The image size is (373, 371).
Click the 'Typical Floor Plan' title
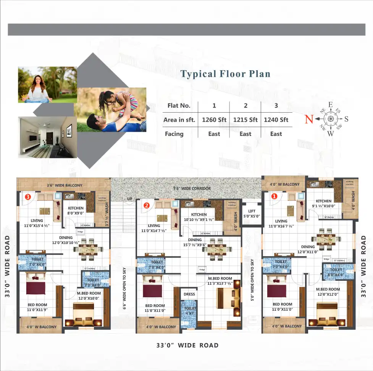pos(225,74)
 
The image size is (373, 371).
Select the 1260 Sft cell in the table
pos(214,120)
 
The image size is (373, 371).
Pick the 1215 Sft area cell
pos(245,120)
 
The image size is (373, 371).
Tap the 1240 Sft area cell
pos(276,120)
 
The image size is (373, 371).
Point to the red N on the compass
pos(309,119)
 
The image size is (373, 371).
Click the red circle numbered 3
pos(27,197)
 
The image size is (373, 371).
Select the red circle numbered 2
pos(146,205)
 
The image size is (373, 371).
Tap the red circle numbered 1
pos(273,197)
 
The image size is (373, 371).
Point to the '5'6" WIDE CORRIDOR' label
pos(191,189)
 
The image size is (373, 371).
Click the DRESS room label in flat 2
pos(189,294)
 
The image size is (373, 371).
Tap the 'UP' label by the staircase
pos(129,199)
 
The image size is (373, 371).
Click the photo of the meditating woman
pos(47,85)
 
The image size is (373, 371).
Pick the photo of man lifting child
pos(111,110)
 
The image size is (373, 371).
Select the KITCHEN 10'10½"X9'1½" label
pos(199,217)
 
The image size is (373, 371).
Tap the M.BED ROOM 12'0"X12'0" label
pos(328,292)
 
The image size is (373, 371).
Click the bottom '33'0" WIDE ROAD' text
pos(187,345)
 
